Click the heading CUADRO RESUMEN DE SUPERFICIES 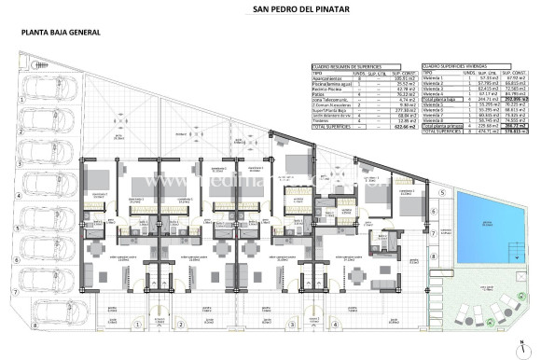click(x=345, y=66)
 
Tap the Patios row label click(x=319, y=93)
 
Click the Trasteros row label click(x=322, y=121)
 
